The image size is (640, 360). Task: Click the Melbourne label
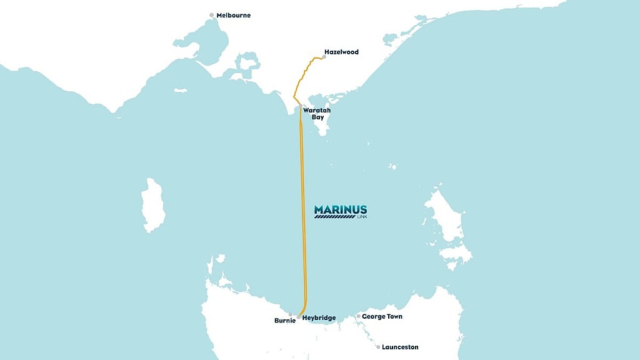[233, 15]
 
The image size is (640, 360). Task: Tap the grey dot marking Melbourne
[212, 15]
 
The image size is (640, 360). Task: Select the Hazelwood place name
[342, 52]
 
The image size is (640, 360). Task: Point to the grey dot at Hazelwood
[323, 57]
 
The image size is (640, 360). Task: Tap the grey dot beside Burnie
[290, 315]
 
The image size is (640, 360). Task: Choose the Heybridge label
[319, 318]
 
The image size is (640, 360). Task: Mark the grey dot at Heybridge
[299, 317]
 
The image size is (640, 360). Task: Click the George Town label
[382, 317]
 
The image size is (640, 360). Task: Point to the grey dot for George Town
[358, 317]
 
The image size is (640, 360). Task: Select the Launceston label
[401, 347]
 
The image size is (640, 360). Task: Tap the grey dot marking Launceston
[378, 347]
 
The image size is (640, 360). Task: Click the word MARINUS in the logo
[340, 209]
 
